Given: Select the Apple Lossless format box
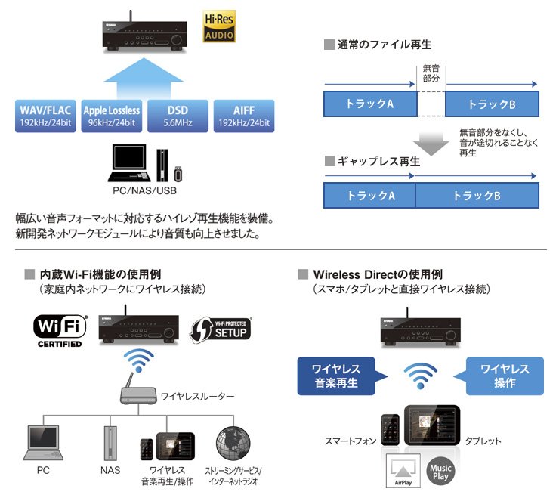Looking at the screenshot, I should [x=111, y=116].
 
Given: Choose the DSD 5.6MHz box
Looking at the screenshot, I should [x=178, y=116].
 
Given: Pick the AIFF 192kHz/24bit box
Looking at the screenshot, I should [x=245, y=116].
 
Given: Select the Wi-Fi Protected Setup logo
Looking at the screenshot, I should [x=221, y=328].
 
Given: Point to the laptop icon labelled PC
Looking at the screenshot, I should [x=42, y=444].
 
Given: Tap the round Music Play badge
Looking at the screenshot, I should [x=440, y=472].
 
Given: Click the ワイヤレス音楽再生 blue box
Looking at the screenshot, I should [x=336, y=376].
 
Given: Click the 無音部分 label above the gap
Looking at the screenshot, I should [x=431, y=73].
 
